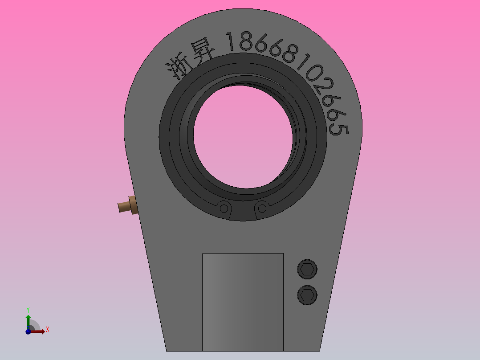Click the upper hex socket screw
(307, 269)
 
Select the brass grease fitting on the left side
(127, 205)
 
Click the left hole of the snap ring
(224, 208)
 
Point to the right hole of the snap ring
(262, 208)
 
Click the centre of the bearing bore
(243, 136)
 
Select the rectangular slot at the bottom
(243, 302)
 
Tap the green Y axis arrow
(28, 320)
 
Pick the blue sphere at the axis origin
(28, 331)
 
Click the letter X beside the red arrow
(47, 330)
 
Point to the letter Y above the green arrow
(28, 309)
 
